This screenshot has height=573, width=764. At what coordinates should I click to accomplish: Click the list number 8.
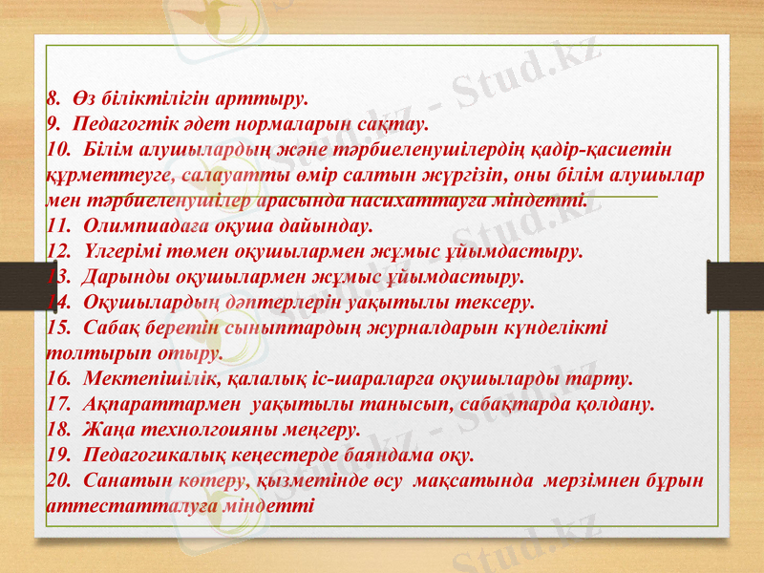(53, 97)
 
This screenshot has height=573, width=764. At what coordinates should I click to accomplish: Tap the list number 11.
(57, 227)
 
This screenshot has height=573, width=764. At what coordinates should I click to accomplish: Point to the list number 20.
(57, 480)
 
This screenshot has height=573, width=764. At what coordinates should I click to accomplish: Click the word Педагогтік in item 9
(127, 124)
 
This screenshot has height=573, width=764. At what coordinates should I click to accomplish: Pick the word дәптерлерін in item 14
(231, 303)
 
